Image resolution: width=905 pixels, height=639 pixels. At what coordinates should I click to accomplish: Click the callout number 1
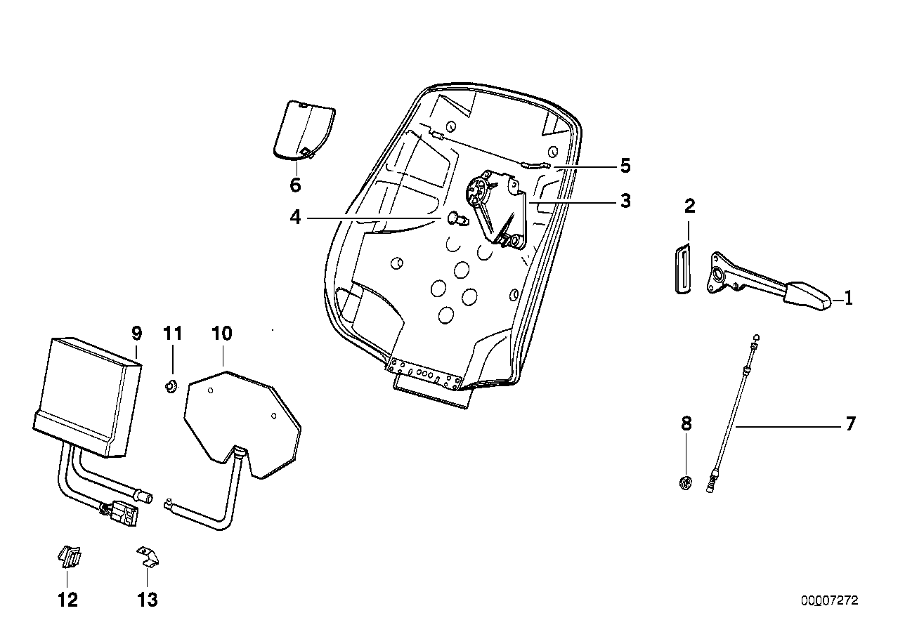click(x=848, y=298)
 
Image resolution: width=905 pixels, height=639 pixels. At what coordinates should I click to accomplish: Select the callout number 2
click(x=689, y=206)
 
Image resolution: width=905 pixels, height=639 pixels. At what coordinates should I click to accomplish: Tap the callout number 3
click(x=625, y=202)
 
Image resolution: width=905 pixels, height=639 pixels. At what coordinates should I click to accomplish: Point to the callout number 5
click(x=625, y=166)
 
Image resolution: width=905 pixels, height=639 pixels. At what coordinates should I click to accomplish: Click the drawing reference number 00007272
click(x=829, y=602)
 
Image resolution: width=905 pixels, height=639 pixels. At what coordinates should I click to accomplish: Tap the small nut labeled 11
click(x=171, y=384)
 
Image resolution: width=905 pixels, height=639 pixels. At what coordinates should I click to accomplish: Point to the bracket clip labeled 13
click(x=148, y=557)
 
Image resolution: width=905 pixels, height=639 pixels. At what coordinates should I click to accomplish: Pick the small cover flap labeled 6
click(x=301, y=131)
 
